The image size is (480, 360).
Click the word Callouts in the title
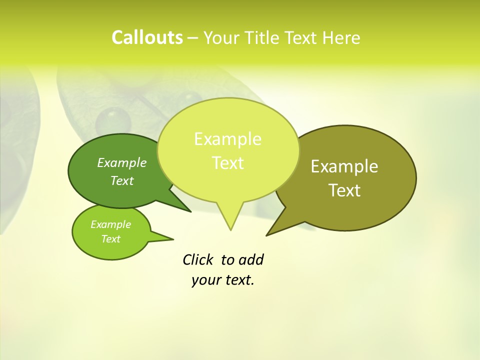coord(147,37)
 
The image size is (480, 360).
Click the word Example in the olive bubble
coord(344,166)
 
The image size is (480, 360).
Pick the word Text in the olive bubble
coord(344,190)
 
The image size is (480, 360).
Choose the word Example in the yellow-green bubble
coord(227,139)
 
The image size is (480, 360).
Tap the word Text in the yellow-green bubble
coord(227,163)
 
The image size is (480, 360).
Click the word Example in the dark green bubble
coord(122,162)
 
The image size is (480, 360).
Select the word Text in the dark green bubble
coord(122,180)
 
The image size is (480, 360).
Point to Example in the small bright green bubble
coord(110,224)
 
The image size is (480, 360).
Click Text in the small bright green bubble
coord(110,239)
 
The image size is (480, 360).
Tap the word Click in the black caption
coord(198,260)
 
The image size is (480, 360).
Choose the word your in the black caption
coord(206,280)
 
